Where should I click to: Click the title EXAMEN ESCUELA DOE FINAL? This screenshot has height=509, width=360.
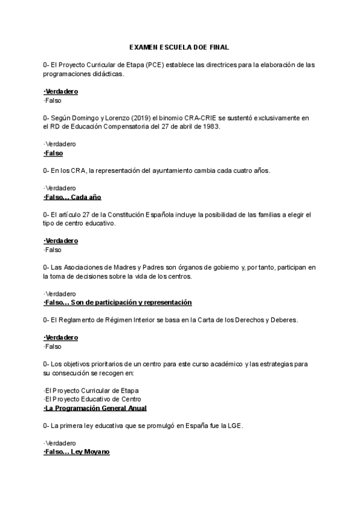click(x=179, y=47)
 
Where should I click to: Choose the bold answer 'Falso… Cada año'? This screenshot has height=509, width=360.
click(x=73, y=197)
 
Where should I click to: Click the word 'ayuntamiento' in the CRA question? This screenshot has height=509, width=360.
click(x=181, y=170)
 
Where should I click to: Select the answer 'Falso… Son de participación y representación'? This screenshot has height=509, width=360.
click(x=118, y=302)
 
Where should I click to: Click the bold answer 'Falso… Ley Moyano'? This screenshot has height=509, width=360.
click(x=76, y=451)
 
